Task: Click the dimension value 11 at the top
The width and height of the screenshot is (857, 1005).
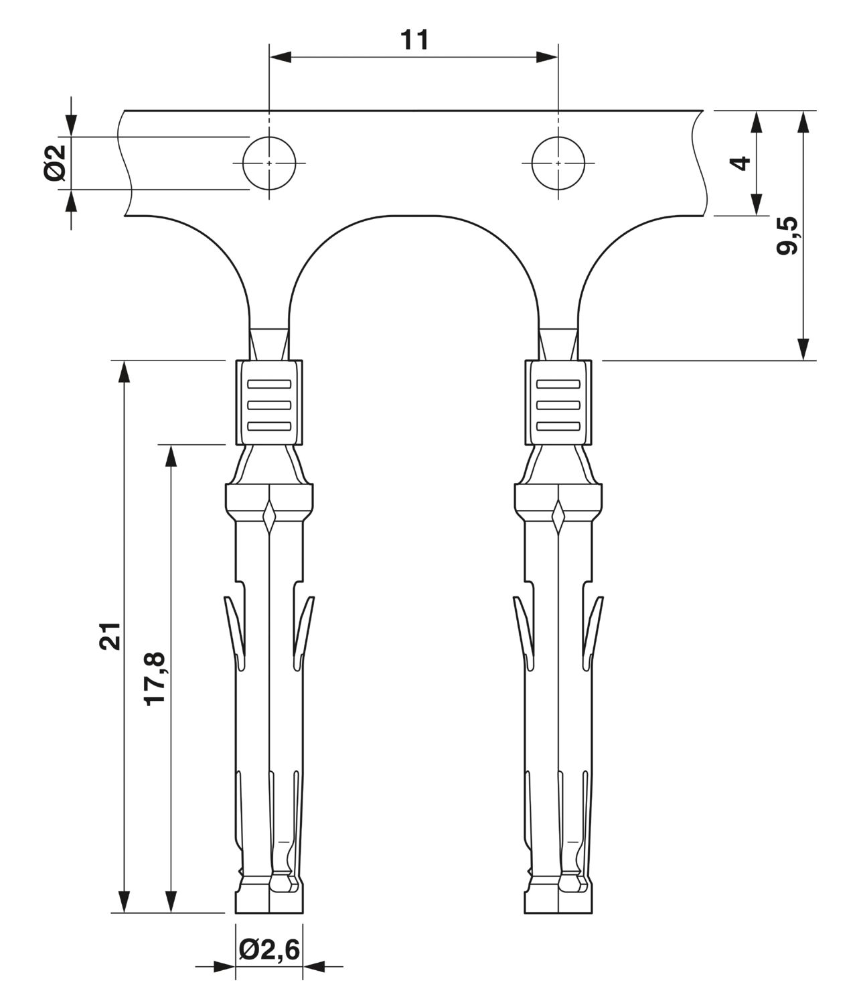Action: click(414, 40)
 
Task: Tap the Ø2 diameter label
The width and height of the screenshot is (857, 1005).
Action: click(56, 163)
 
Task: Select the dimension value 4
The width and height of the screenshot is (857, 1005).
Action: click(741, 163)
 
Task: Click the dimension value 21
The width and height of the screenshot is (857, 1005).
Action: click(110, 636)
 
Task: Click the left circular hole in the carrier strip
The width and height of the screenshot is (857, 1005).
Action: click(269, 163)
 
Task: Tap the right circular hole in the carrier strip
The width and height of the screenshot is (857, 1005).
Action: click(558, 163)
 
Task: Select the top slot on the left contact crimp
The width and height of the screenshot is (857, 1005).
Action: click(269, 384)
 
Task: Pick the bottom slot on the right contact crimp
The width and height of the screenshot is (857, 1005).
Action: click(558, 426)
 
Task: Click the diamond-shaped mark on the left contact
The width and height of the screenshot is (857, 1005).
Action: click(268, 516)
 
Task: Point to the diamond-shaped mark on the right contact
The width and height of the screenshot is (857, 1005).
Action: click(558, 516)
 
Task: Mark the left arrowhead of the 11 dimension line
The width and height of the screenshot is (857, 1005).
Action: click(281, 58)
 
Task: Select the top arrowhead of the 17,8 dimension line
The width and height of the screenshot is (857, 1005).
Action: click(171, 456)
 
